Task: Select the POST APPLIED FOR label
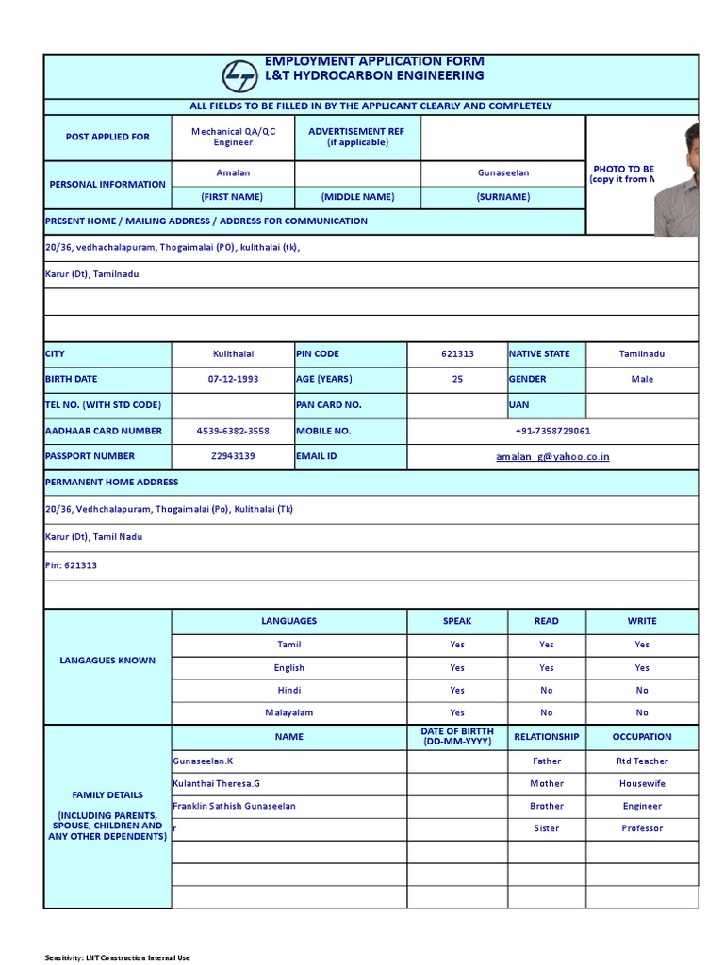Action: pyautogui.click(x=107, y=137)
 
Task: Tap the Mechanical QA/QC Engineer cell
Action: pyautogui.click(x=233, y=138)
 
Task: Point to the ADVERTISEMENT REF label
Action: pyautogui.click(x=357, y=138)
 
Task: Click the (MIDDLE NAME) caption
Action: pyautogui.click(x=357, y=197)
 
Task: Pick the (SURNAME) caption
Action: pyautogui.click(x=503, y=197)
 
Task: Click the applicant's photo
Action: pyautogui.click(x=678, y=179)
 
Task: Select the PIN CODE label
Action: pyautogui.click(x=318, y=354)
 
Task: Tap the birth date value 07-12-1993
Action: pyautogui.click(x=233, y=380)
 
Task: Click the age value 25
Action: pyautogui.click(x=457, y=380)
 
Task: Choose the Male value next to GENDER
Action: pyautogui.click(x=641, y=380)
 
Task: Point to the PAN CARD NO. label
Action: pyautogui.click(x=329, y=405)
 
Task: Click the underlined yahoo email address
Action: pyautogui.click(x=552, y=457)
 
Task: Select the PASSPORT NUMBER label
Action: pyautogui.click(x=90, y=456)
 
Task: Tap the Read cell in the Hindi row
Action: pyautogui.click(x=547, y=691)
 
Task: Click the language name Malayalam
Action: pyautogui.click(x=288, y=713)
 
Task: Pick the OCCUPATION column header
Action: pyautogui.click(x=641, y=737)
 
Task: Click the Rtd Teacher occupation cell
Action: pyautogui.click(x=641, y=761)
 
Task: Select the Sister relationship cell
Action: pyautogui.click(x=547, y=829)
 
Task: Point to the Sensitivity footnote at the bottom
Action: pyautogui.click(x=118, y=957)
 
